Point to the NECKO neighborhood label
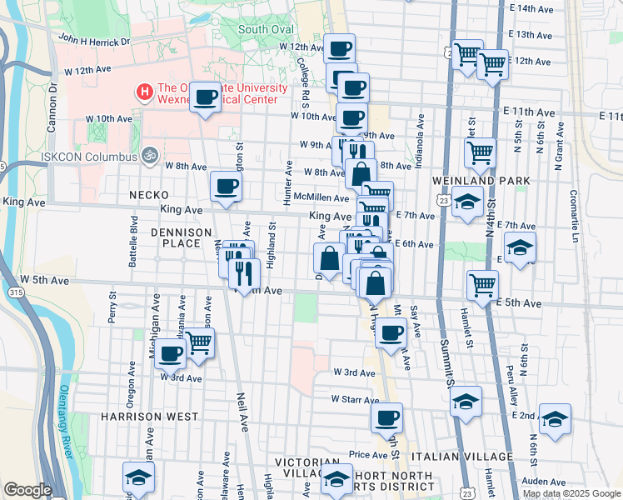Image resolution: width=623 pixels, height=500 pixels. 149,195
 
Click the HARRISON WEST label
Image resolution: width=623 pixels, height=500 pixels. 150,416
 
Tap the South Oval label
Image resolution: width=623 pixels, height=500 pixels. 266,29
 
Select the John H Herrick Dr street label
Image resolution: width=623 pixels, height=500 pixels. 94,40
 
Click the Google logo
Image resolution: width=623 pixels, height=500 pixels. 27,490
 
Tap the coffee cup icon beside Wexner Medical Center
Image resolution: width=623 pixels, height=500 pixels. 205,97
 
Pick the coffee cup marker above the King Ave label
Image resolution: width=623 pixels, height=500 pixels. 226,187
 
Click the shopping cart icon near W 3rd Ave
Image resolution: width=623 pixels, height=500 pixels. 199,342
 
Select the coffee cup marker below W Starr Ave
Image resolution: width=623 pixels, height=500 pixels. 386,417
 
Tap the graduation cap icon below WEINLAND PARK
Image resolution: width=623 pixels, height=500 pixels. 468,202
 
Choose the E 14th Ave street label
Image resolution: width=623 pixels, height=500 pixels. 535,9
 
